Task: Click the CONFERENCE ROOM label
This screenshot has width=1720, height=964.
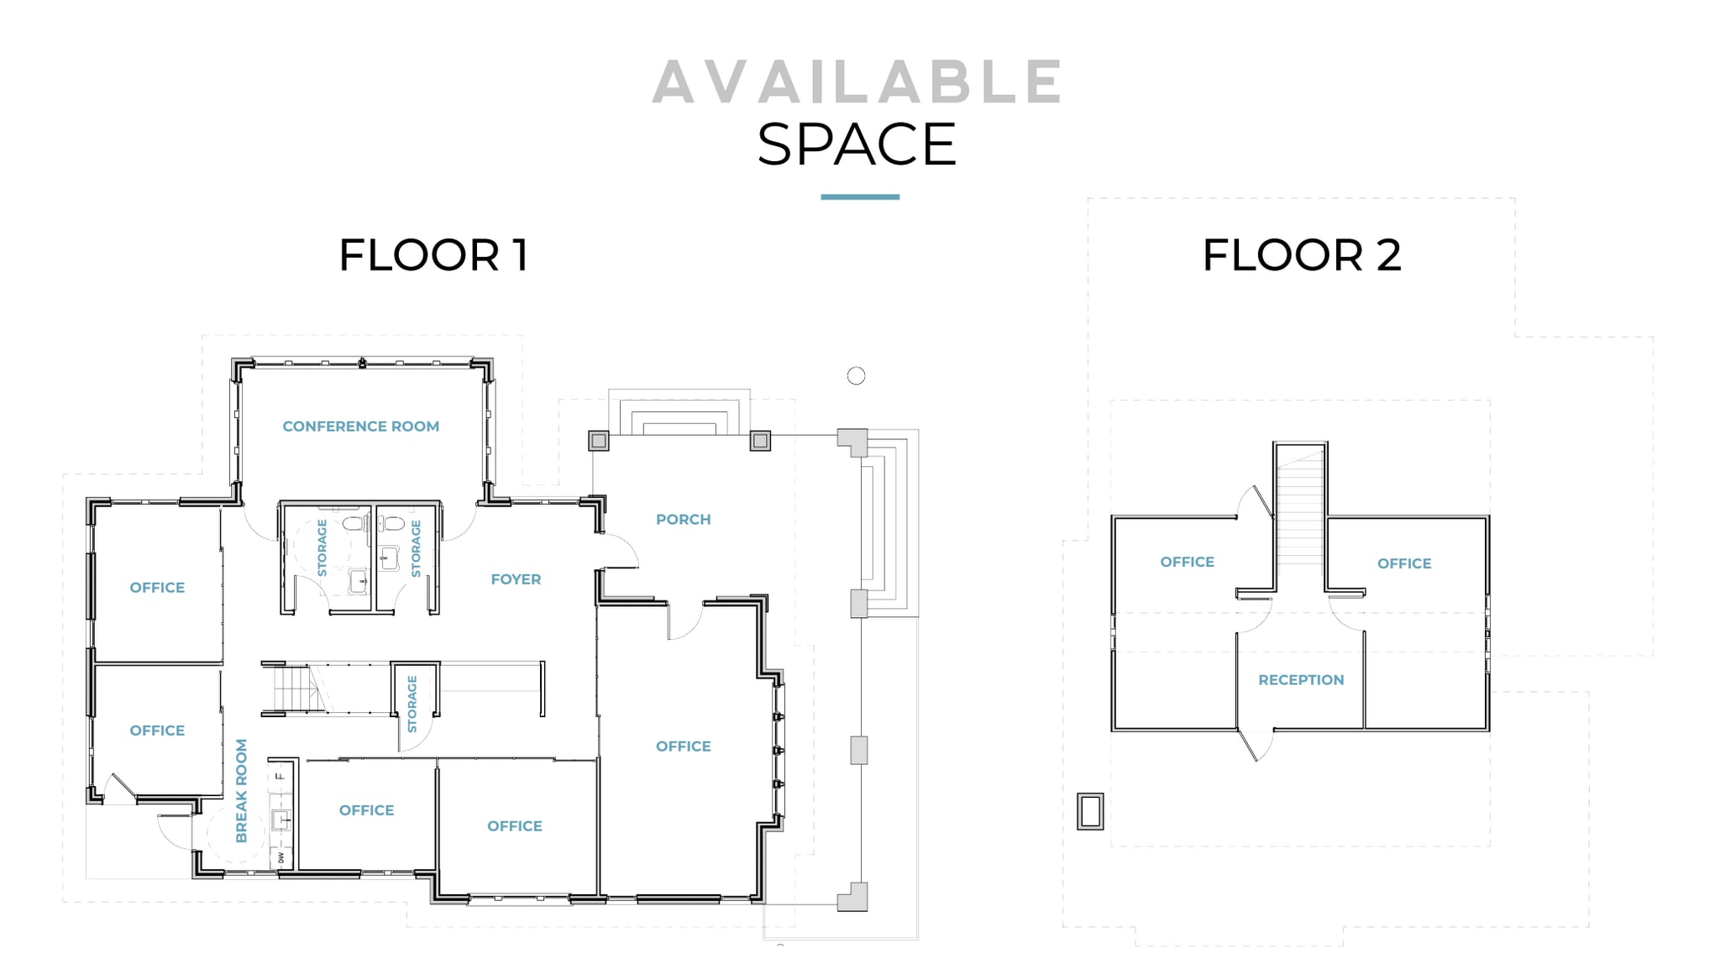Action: point(360,427)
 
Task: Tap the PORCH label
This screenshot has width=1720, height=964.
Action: point(683,520)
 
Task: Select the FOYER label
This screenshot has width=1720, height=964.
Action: point(516,579)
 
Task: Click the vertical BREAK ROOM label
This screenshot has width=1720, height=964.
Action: point(242,791)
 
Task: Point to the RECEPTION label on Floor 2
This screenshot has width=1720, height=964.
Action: point(1301,680)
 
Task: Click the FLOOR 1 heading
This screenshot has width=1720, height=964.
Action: point(433,255)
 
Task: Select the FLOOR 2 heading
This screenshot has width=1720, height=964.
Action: point(1302,255)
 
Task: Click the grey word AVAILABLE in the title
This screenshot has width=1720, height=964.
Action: point(857,82)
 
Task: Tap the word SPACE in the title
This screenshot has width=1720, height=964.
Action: point(857,144)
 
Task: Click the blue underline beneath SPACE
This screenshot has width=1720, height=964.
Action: point(860,197)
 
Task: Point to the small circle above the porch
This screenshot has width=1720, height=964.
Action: point(856,376)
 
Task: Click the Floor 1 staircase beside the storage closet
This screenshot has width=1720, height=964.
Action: point(292,689)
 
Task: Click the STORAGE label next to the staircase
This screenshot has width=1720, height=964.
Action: point(412,704)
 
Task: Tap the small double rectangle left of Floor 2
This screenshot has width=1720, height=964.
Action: point(1090,811)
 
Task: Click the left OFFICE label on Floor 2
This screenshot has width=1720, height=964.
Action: point(1187,563)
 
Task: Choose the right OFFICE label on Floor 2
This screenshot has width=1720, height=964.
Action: point(1404,564)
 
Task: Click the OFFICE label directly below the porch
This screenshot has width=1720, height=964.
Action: point(683,747)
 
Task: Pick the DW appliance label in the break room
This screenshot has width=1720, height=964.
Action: point(281,857)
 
